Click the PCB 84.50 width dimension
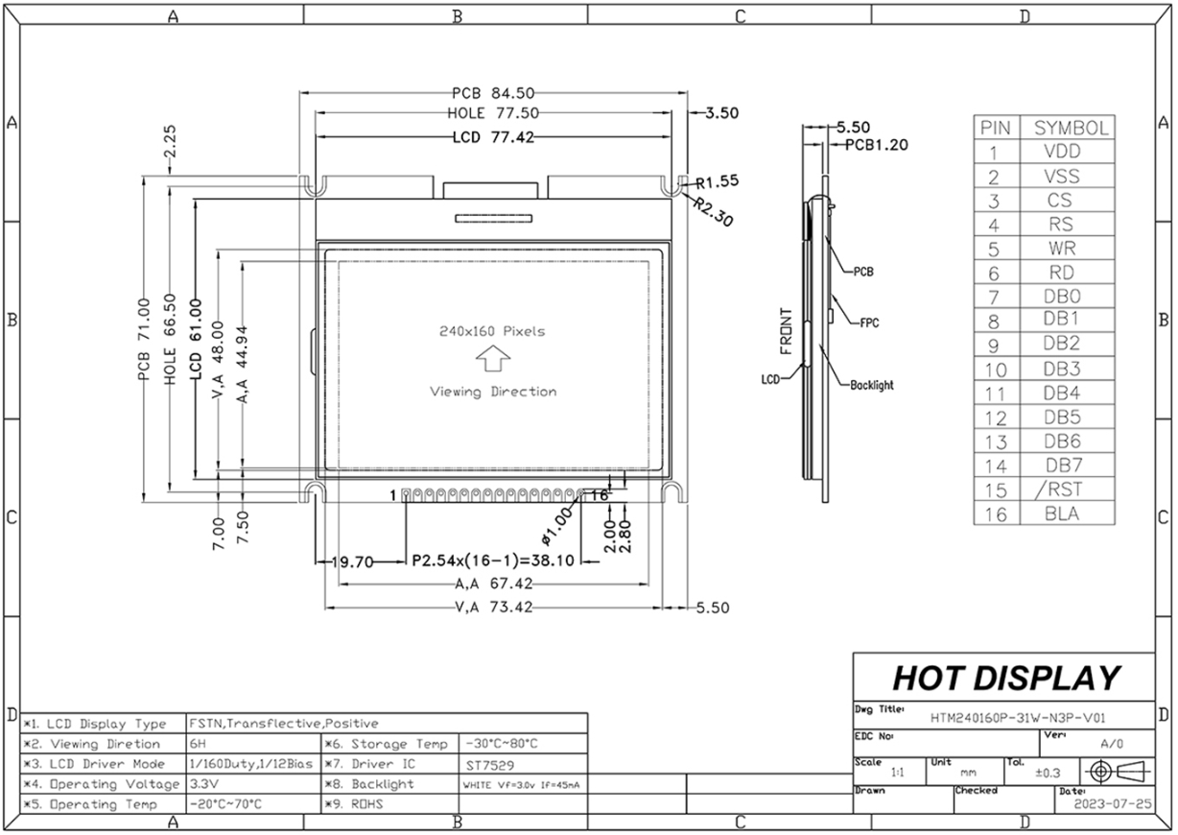(493, 93)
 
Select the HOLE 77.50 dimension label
(493, 113)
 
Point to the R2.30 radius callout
(713, 211)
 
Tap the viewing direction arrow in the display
(493, 358)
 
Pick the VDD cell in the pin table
(1062, 152)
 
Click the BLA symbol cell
(1062, 513)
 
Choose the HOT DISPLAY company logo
(1006, 678)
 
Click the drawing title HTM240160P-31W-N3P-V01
(1018, 718)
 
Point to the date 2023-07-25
(1112, 804)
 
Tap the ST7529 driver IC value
(489, 765)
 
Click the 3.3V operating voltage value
(203, 784)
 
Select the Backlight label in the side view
(871, 385)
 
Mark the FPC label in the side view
(869, 323)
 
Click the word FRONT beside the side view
(786, 331)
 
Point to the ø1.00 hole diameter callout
(555, 526)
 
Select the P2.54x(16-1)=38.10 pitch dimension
(493, 561)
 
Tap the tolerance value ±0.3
(1048, 773)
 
